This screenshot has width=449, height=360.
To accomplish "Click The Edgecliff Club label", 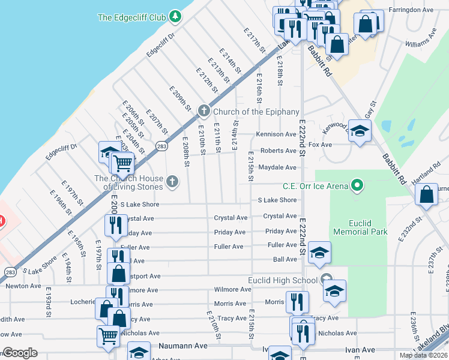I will pos(131,17).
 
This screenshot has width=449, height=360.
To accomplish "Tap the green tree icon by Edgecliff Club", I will pos(175,16).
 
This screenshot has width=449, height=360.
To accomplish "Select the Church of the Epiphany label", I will pos(256,112).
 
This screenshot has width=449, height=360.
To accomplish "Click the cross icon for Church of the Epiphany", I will pos(204,110).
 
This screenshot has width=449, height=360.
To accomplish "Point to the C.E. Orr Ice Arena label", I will pos(316,187).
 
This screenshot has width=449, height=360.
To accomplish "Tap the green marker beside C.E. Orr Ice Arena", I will pos(358,185).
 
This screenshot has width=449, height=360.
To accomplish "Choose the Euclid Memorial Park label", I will pos(360,226).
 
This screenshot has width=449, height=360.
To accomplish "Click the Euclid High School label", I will pos(283,280).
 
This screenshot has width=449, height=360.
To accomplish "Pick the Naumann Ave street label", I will pos(183,346).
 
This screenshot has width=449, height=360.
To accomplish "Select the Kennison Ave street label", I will pos(277,134).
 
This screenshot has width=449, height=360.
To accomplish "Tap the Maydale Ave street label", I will pos(277,167).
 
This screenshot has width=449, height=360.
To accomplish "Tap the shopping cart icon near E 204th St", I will pos(122,161).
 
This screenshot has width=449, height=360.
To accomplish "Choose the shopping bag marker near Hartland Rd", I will pos(426,194).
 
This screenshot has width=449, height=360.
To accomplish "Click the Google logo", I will pos(20,353).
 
